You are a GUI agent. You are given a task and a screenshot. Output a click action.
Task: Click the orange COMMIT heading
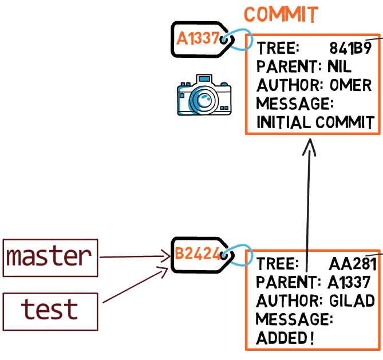[x=281, y=14]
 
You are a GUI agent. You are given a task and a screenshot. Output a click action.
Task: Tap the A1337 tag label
[x=198, y=38]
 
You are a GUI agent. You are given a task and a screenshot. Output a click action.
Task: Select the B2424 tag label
[x=198, y=254]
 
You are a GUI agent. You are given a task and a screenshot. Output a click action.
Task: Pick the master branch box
[x=50, y=258]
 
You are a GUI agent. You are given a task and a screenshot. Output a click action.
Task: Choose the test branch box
[x=50, y=312]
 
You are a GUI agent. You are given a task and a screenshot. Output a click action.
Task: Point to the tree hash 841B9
[x=350, y=48]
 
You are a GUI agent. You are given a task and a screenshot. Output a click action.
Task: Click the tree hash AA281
[x=353, y=264]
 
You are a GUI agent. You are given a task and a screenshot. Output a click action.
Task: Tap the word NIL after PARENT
[x=339, y=66]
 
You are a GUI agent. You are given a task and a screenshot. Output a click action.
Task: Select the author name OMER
[x=350, y=85]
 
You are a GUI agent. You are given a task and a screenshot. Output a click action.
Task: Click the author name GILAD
[x=352, y=300]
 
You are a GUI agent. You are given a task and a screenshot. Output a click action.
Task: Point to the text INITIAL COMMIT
[x=315, y=122]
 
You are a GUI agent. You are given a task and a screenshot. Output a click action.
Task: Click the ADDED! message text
[x=285, y=338]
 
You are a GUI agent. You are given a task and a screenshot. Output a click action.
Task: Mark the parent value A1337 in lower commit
[x=349, y=282]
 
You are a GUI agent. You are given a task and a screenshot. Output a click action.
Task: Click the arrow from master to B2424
[x=135, y=256]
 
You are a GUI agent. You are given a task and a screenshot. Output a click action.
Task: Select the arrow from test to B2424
[x=135, y=285]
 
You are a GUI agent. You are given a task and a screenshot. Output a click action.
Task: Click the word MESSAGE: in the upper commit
[x=295, y=104]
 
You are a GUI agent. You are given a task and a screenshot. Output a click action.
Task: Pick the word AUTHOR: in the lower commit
[x=288, y=300]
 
